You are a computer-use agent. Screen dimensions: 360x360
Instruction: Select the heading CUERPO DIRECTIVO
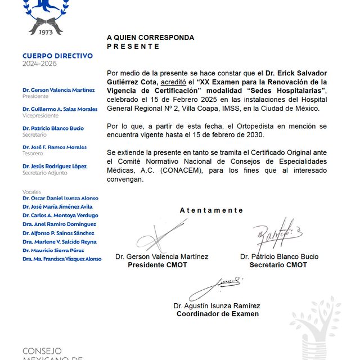coord(57,56)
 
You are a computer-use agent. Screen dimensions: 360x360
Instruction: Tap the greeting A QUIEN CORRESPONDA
coord(150,38)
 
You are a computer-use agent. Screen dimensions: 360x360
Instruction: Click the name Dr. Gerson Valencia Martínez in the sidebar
coord(58,90)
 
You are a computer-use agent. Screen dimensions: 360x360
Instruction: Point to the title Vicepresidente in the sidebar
coord(40,116)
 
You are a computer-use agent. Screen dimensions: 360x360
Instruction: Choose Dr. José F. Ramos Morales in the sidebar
coord(55,147)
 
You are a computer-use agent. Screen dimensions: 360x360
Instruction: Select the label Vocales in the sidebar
coord(32,192)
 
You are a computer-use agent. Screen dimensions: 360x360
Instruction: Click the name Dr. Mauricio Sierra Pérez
coord(53,250)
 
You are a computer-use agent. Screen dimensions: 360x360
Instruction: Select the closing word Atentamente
coord(211,210)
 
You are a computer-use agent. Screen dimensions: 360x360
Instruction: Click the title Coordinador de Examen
coord(218,314)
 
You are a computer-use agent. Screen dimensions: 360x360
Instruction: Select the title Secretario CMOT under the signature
coord(278,265)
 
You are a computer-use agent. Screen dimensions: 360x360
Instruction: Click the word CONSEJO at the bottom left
coord(42,350)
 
